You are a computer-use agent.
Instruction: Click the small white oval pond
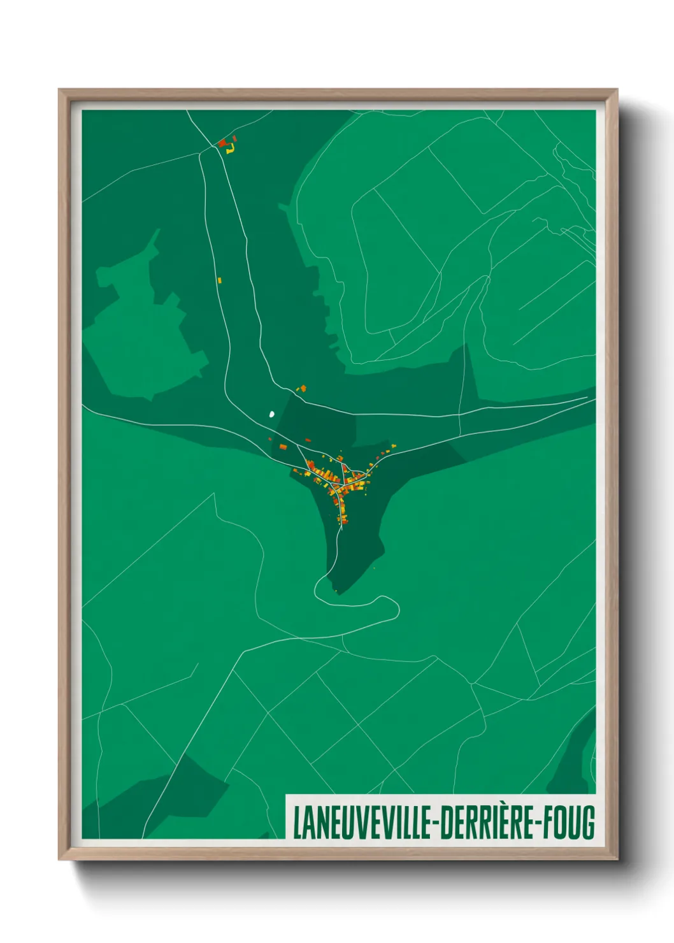click(272, 414)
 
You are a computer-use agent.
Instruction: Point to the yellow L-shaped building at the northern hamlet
click(231, 149)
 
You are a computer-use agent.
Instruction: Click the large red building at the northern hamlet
click(222, 143)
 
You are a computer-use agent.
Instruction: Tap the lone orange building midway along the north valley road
click(220, 280)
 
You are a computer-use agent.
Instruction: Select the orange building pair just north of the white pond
click(303, 388)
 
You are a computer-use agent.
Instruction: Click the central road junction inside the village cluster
click(344, 479)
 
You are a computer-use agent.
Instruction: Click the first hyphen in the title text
click(434, 823)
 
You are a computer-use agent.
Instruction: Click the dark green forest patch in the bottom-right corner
click(577, 758)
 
